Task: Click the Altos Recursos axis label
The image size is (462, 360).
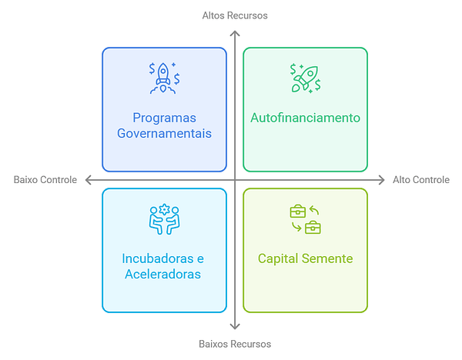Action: pos(235,15)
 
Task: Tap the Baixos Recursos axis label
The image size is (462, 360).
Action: pos(235,344)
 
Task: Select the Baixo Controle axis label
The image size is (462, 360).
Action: pos(45,180)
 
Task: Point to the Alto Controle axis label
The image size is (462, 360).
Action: pos(421,180)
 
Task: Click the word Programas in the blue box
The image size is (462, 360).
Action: pos(164,118)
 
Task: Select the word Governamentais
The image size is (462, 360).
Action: pos(164,133)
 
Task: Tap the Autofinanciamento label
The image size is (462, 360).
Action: pos(305,118)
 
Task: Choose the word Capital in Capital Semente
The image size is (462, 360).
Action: pos(279,258)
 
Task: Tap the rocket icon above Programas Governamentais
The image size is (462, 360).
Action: pos(164,78)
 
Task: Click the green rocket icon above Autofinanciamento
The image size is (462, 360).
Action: pos(305,78)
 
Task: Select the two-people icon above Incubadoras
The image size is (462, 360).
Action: pos(164,219)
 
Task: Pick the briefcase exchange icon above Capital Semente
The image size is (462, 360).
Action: pos(305,219)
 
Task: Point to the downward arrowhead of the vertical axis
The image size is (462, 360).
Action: pos(235,328)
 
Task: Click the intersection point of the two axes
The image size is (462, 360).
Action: pos(235,180)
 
